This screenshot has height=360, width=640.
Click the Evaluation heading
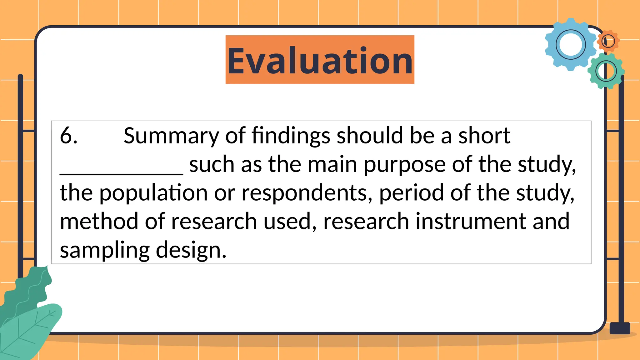[x=320, y=60]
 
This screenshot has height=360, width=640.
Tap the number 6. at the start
[x=68, y=136]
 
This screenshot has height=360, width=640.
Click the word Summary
[x=171, y=136]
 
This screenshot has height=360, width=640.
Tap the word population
[x=153, y=193]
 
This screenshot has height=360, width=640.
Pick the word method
[x=99, y=221]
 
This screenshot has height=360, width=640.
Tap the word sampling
[x=105, y=251]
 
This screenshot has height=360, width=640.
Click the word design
[x=191, y=251]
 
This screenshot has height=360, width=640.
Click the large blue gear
[x=570, y=45]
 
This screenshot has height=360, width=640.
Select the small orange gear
[x=608, y=41]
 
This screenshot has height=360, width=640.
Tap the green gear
[x=606, y=71]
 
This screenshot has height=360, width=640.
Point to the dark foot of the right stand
[x=620, y=328]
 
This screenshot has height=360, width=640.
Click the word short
[x=484, y=136]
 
